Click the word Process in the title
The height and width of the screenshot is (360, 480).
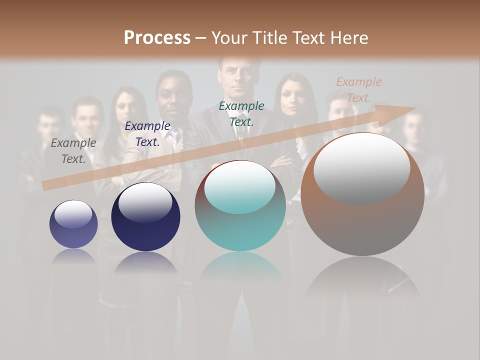tap(157, 38)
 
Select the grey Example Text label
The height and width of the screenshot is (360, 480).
tap(73, 151)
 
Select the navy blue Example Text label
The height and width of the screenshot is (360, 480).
tap(147, 134)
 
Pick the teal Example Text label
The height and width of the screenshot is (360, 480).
tap(241, 113)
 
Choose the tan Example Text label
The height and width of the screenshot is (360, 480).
tap(359, 90)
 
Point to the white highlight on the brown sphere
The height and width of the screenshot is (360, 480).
tap(362, 167)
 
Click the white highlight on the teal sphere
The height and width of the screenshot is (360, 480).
tap(240, 186)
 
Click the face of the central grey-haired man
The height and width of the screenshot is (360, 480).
tap(239, 75)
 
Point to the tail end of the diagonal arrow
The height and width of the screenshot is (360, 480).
tap(45, 186)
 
